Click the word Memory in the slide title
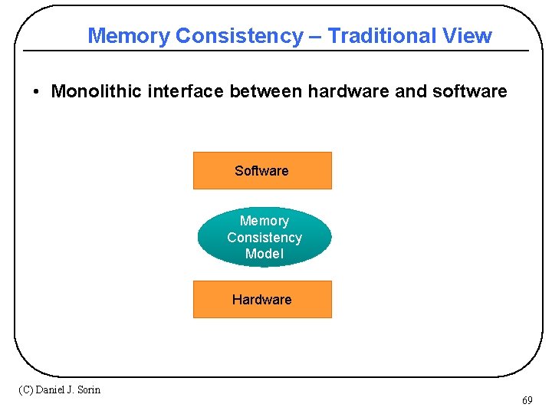129,36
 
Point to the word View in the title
467,36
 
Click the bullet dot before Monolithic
36,93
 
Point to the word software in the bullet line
469,92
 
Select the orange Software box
262,170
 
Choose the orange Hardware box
262,299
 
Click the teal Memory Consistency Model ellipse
264,237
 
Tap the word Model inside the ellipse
264,254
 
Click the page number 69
527,401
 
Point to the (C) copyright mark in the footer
25,389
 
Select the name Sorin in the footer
87,389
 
